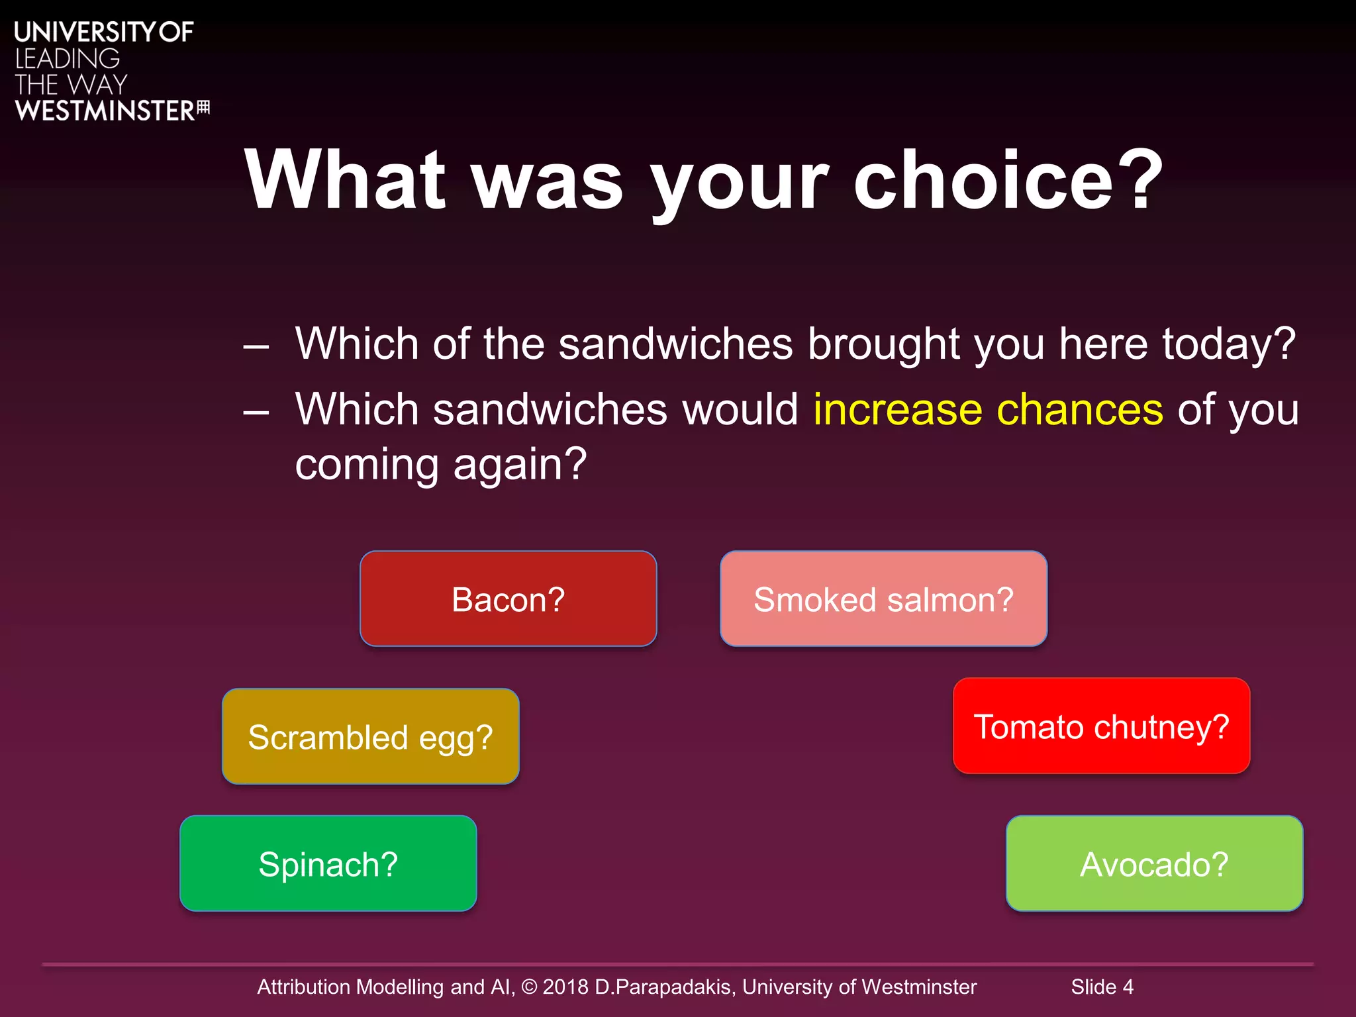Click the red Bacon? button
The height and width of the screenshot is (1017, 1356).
point(508,599)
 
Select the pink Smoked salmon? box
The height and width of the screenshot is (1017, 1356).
point(883,599)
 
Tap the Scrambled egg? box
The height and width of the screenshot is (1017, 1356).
point(370,736)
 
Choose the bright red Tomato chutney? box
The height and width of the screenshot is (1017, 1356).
point(1101,726)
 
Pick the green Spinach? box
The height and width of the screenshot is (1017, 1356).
point(328,863)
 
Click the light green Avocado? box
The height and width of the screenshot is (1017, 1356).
point(1154,863)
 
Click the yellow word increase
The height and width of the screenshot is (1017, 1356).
point(897,409)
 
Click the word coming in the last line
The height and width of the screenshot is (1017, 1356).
point(366,465)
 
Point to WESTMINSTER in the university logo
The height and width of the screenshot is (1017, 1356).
point(105,111)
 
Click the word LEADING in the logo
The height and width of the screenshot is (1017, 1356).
point(68,59)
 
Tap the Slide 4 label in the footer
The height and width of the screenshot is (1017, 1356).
point(1102,987)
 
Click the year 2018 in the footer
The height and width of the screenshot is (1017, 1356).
point(565,987)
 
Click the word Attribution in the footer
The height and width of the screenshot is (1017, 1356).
point(303,987)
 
